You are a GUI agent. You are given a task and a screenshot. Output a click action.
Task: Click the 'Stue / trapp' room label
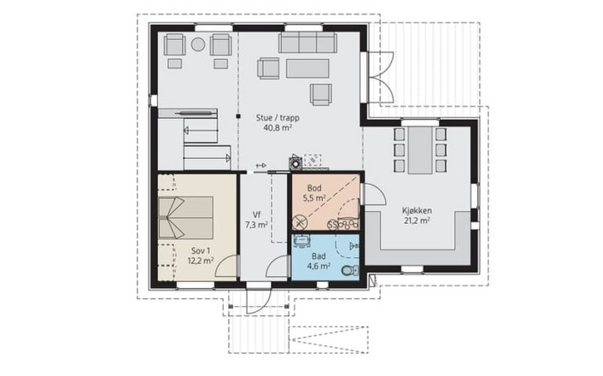(278, 118)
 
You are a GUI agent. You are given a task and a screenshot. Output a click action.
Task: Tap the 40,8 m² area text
(278, 128)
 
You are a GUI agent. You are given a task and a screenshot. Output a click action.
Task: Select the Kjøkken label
(417, 211)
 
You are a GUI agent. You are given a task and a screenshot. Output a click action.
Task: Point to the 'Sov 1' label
(201, 251)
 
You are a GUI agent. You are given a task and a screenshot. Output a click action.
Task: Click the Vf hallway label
(256, 214)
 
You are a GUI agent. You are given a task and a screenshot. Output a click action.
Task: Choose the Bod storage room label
(314, 188)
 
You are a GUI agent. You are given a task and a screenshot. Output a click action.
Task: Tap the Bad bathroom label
(319, 256)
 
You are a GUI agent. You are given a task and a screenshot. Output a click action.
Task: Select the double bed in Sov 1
(186, 218)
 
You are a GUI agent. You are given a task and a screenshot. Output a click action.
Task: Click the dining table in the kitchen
(420, 150)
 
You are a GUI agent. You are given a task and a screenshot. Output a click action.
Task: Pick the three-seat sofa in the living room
(307, 43)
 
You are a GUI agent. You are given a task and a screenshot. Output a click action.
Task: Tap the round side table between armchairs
(198, 44)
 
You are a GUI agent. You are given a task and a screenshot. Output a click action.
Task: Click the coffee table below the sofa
(307, 68)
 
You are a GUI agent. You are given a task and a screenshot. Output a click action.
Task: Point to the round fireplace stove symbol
(296, 163)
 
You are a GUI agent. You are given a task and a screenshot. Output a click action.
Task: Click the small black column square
(238, 116)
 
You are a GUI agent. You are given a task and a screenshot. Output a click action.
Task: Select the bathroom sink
(301, 241)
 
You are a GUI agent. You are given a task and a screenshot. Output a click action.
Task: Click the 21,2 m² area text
(417, 221)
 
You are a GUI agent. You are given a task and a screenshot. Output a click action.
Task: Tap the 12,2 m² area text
(201, 261)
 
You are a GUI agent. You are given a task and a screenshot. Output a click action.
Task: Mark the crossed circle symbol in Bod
(299, 222)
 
